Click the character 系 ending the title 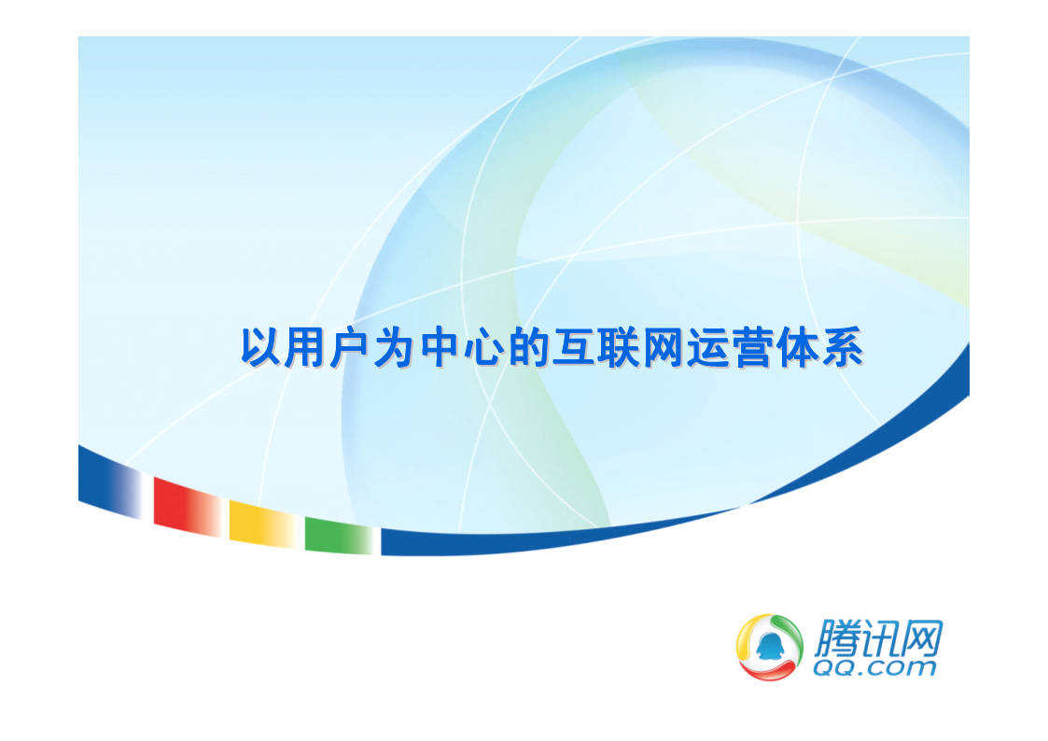click(x=842, y=347)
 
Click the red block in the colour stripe click(x=188, y=507)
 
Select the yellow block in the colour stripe click(x=262, y=524)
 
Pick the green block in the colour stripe click(x=339, y=536)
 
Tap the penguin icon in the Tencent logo click(x=769, y=646)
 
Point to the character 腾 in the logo click(x=837, y=638)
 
